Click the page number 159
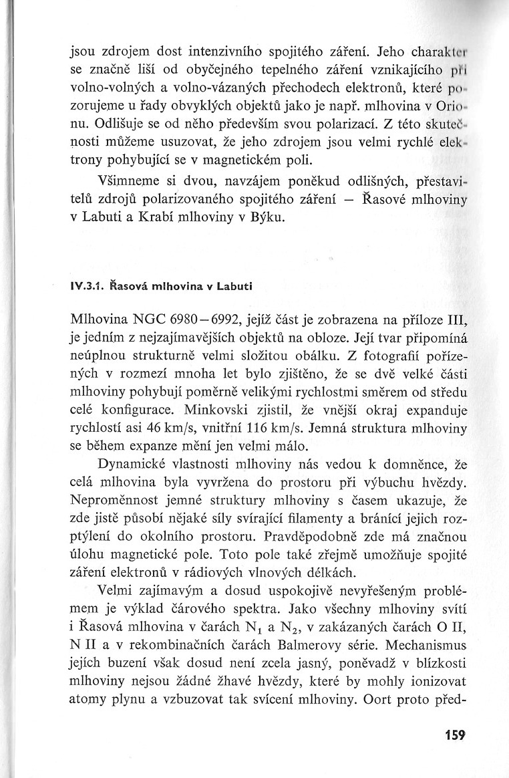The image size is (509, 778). (x=453, y=735)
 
